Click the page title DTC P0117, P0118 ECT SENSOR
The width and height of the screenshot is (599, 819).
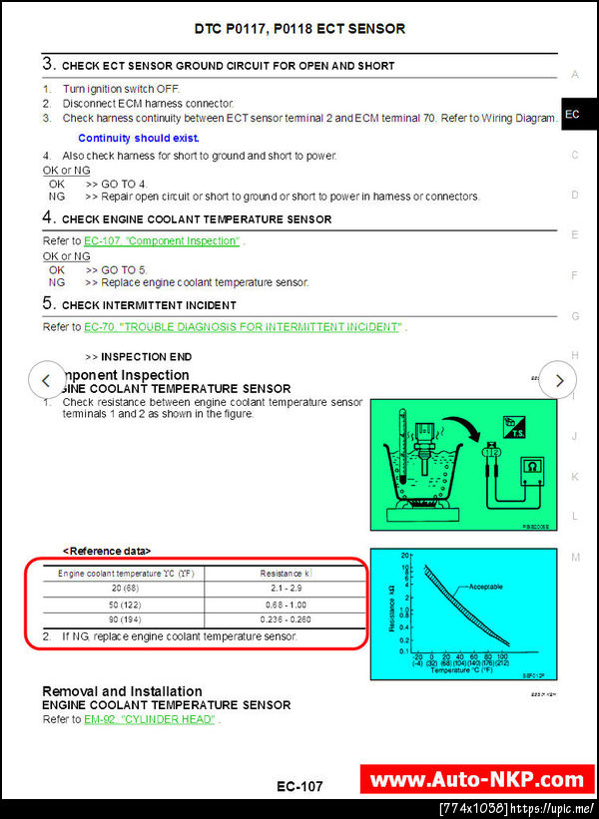pos(299,29)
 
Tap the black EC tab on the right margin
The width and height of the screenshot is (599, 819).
pos(572,115)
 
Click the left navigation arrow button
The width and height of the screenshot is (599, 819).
pos(46,380)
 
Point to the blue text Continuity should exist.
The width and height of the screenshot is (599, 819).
pos(139,139)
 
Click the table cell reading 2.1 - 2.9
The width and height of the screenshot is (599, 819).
pos(286,590)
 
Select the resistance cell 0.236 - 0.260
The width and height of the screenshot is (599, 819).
pos(286,620)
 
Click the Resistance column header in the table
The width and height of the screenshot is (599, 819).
pos(286,574)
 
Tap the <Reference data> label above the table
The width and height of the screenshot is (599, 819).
pos(107,551)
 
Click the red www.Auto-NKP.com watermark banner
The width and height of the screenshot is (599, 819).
pos(476,779)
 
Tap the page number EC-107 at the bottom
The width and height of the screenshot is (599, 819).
pos(299,787)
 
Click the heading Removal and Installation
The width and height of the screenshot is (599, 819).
pos(122,691)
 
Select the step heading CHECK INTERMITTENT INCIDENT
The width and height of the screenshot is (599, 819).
pos(149,305)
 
